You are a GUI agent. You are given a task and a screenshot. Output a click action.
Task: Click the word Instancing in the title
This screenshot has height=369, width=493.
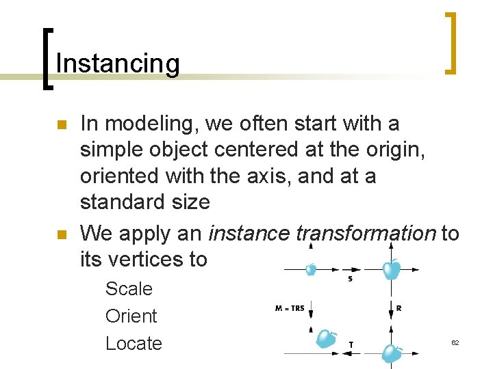click(x=117, y=64)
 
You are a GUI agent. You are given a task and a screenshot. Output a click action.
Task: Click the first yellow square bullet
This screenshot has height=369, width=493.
click(x=60, y=126)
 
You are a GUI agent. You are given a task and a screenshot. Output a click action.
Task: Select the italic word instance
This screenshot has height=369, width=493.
click(x=249, y=233)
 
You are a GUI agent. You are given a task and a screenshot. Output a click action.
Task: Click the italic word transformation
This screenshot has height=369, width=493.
click(x=366, y=233)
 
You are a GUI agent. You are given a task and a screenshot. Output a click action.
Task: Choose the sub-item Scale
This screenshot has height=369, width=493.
click(x=129, y=288)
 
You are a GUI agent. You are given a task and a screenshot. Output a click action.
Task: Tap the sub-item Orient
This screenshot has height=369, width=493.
click(x=131, y=316)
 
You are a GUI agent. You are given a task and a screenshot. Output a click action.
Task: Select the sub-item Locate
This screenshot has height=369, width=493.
click(x=134, y=343)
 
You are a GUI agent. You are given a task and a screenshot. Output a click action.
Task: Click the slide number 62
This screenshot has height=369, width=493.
click(x=455, y=342)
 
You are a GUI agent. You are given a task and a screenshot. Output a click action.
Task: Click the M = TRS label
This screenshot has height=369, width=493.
click(x=289, y=308)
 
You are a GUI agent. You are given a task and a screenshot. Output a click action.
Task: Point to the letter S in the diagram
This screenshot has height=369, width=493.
click(x=351, y=279)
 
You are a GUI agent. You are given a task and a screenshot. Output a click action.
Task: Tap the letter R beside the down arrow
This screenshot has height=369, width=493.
click(x=399, y=308)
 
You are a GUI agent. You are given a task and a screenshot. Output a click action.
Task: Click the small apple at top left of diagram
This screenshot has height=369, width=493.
click(x=310, y=269)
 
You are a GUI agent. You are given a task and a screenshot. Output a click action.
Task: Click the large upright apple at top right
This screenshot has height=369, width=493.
click(x=391, y=269)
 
